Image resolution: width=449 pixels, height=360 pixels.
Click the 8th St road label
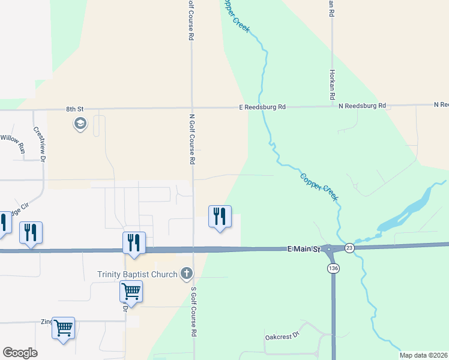74,109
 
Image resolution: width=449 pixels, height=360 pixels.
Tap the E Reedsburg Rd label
260,107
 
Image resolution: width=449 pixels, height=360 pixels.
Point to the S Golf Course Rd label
194,311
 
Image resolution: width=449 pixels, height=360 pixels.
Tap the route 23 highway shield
350,247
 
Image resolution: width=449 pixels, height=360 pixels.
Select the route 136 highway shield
333,269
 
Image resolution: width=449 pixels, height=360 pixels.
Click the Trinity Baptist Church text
137,275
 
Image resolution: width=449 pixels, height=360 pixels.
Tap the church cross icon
187,274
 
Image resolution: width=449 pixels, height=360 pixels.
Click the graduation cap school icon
80,124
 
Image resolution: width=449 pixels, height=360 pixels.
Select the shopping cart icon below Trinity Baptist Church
131,292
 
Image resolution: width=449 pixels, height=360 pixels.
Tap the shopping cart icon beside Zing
63,328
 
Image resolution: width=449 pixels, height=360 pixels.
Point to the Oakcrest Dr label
282,337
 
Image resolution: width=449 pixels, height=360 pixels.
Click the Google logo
20,353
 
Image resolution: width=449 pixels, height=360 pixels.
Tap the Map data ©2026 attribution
423,355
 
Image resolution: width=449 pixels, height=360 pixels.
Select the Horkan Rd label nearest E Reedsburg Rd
331,83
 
